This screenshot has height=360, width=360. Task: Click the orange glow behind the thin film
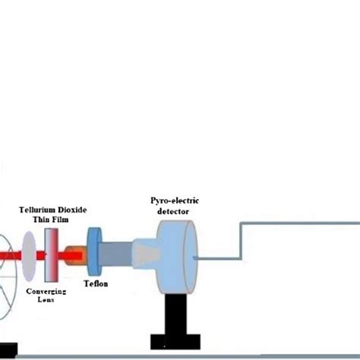click(x=73, y=256)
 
